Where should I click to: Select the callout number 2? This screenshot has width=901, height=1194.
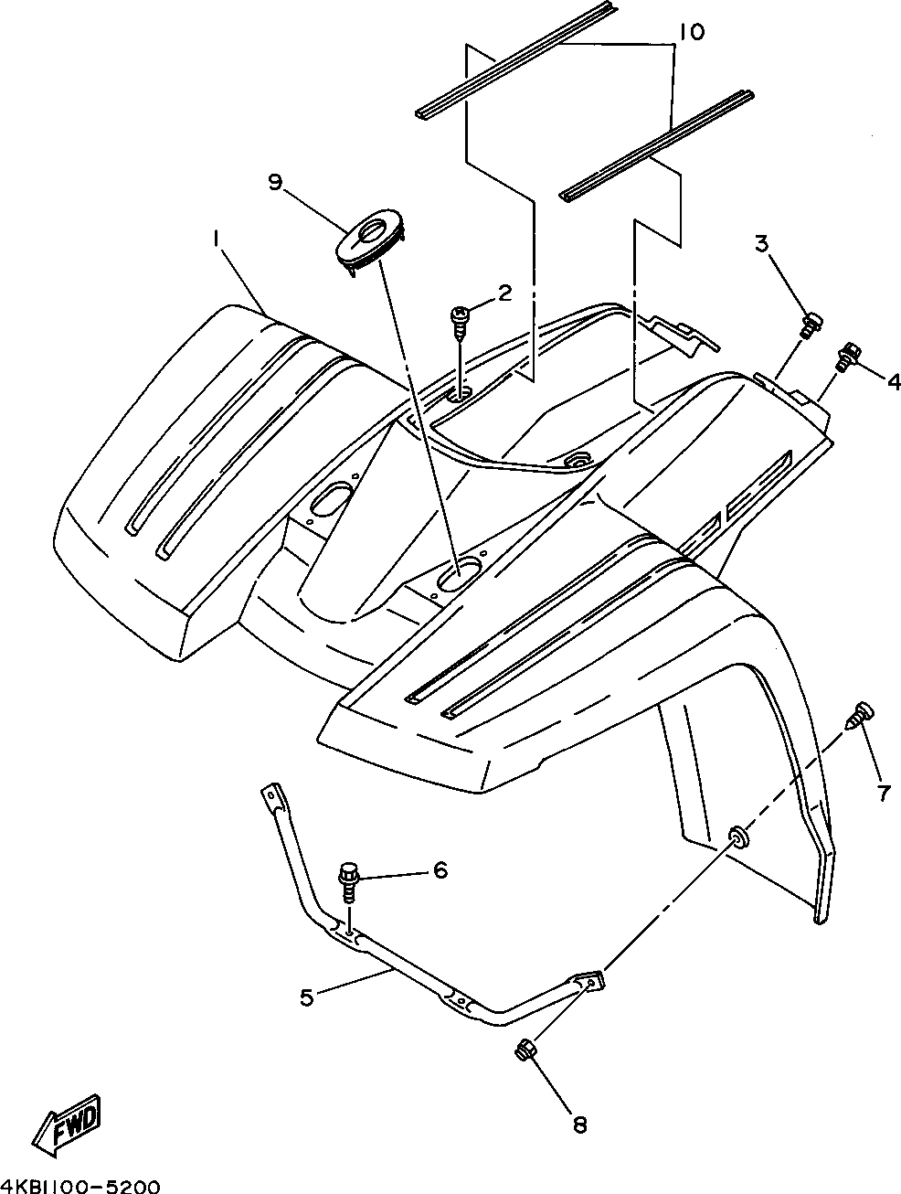(503, 293)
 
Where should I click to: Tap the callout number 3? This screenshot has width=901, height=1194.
(761, 244)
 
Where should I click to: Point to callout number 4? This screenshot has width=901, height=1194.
(892, 381)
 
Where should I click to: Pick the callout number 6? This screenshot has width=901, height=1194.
(440, 870)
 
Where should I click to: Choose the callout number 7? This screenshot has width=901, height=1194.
(883, 794)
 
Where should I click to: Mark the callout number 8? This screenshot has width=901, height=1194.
(579, 1125)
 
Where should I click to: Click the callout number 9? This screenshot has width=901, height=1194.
(275, 183)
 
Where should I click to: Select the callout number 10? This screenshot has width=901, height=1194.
(692, 33)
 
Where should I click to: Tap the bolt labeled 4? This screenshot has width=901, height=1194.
(847, 356)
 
